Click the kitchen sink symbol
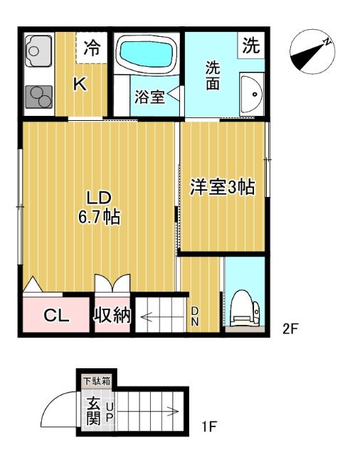coord(35,51)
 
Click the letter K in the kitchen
coord(80,85)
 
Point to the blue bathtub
coord(147,53)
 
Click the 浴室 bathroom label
coord(149,97)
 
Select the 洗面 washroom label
coord(213,76)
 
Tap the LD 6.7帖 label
coord(98,207)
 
